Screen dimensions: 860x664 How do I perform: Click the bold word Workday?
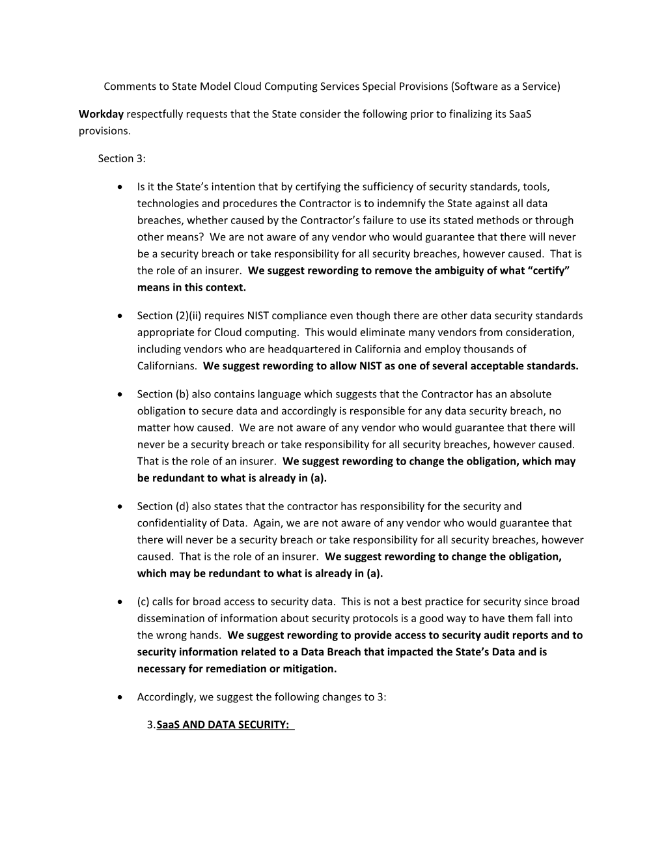coord(101,114)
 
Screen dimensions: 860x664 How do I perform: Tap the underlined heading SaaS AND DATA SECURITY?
coord(223,724)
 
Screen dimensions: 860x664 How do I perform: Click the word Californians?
coord(167,366)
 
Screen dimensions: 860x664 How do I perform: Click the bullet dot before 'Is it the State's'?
coord(120,187)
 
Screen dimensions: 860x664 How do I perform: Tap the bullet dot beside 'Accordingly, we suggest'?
coord(120,697)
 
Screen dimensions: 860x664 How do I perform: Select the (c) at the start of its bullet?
coord(143,601)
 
